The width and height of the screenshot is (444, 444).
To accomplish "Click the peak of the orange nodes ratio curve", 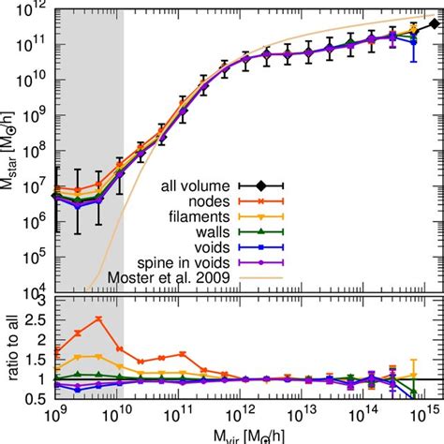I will pyautogui.click(x=98, y=319).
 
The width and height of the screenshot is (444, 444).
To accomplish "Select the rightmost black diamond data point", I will pyautogui.click(x=432, y=23).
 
